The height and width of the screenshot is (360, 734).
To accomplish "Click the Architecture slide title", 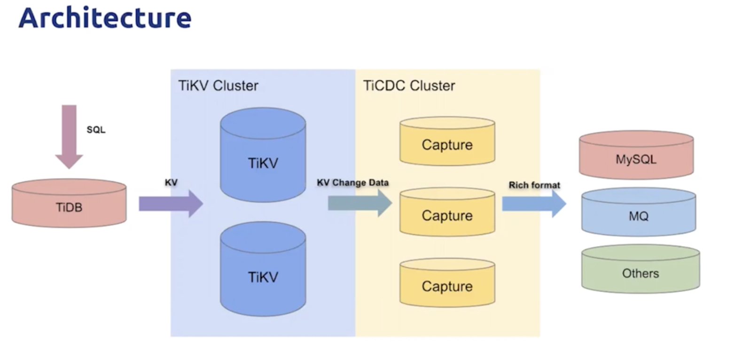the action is click(105, 18).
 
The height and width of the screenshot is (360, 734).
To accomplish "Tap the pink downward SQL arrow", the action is click(69, 137).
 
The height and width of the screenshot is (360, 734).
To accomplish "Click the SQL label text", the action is click(96, 130).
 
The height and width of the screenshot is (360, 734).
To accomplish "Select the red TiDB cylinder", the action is click(69, 203).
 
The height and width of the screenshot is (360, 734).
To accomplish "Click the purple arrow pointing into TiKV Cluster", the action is click(171, 203).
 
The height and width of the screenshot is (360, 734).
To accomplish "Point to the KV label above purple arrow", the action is click(171, 183).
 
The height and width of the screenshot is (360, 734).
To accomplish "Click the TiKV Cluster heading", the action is click(218, 86).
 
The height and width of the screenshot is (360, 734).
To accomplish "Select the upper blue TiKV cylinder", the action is click(263, 155).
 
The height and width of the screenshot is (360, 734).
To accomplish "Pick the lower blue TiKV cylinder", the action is click(263, 269).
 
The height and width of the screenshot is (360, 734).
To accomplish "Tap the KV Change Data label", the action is click(352, 183).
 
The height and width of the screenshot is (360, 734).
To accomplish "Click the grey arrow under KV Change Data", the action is click(360, 203).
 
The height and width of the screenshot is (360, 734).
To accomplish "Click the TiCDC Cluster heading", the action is click(409, 86).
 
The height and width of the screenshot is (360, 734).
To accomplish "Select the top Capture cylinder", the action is click(447, 141).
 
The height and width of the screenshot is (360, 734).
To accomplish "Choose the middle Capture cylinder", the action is click(447, 212).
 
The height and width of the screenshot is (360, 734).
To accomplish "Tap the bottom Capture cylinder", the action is click(447, 282).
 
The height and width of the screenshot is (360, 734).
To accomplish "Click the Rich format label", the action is click(534, 185).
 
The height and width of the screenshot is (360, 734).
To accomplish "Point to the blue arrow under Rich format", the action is click(534, 204).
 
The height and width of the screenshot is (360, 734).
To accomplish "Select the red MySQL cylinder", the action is click(636, 155).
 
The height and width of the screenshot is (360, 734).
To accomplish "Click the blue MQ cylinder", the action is click(639, 212).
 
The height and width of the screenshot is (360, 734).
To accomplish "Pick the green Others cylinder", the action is click(640, 269).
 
